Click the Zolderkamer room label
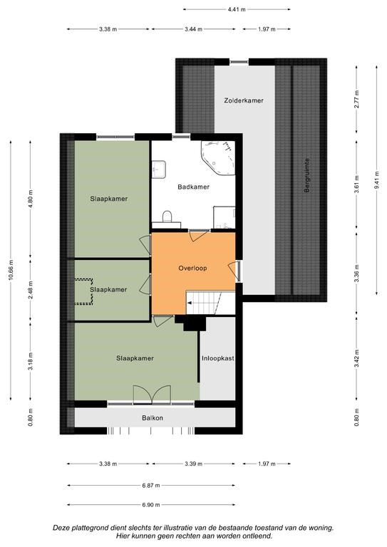(244, 100)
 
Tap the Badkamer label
(193, 187)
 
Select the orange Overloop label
(192, 269)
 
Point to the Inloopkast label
(218, 358)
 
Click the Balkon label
(153, 418)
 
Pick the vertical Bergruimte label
(307, 175)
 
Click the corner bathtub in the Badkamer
(219, 157)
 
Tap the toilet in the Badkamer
(167, 217)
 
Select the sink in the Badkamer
(159, 170)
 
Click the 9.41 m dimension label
(376, 179)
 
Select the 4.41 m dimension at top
(237, 9)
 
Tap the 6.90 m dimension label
(151, 505)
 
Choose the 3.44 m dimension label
(194, 29)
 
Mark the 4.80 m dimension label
(31, 198)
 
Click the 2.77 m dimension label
(356, 100)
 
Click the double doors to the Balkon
(152, 395)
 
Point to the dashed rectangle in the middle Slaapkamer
(84, 291)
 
